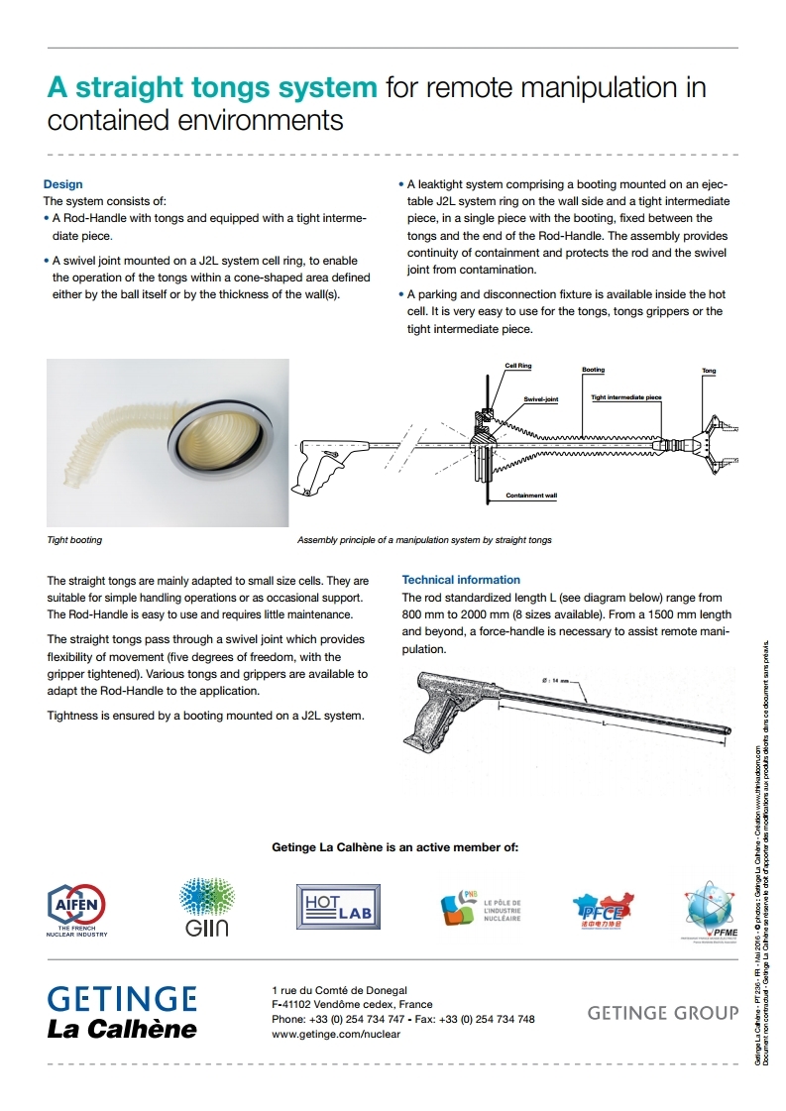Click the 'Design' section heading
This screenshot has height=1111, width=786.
point(62,184)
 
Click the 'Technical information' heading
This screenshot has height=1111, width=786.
point(460,580)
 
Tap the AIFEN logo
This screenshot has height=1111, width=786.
point(77,904)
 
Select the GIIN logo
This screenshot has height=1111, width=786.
point(206,906)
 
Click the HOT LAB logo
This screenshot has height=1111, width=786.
point(338,906)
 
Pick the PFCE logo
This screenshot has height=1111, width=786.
point(603,909)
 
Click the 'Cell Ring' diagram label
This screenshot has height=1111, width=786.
point(517,366)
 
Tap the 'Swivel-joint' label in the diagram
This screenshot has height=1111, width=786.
point(541,398)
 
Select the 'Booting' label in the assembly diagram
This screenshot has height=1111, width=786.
point(593,371)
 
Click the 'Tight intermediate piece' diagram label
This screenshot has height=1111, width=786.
point(625,397)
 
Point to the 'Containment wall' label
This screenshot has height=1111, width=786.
point(530,496)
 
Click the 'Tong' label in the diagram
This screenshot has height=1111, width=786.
point(709,372)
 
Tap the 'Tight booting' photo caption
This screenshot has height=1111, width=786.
point(74,540)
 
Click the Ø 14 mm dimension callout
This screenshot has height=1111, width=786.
point(559,680)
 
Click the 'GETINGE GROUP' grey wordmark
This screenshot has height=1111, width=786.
point(662,1013)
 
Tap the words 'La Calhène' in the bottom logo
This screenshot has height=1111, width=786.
point(122,1029)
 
